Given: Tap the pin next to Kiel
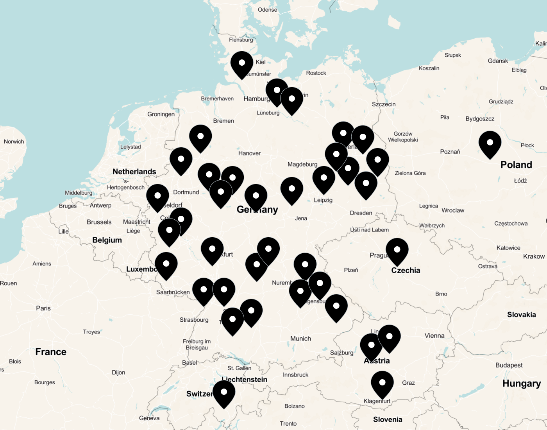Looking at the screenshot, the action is click(x=242, y=63).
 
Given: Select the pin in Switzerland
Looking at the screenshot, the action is click(x=224, y=392).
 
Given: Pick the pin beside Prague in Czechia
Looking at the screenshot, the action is click(x=397, y=250).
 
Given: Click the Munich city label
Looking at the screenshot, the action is click(x=300, y=339).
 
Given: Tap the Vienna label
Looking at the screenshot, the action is click(x=434, y=335).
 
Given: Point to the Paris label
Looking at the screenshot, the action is click(x=43, y=308).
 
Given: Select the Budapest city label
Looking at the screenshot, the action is click(x=509, y=365).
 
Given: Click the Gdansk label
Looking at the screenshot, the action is click(x=498, y=61).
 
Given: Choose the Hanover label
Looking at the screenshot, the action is click(x=249, y=153).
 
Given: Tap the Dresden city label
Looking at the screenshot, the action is click(x=361, y=213).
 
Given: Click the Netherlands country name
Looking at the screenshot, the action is click(x=134, y=172).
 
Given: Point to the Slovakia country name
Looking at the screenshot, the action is click(x=521, y=315).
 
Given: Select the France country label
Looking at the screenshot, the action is click(x=51, y=352).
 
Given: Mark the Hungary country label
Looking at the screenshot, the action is click(x=522, y=383).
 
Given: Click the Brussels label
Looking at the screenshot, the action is click(x=99, y=222).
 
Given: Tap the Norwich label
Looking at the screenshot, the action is click(x=14, y=142).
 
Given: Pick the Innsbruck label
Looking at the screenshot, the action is click(x=295, y=374).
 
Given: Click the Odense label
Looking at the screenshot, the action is click(x=267, y=10).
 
